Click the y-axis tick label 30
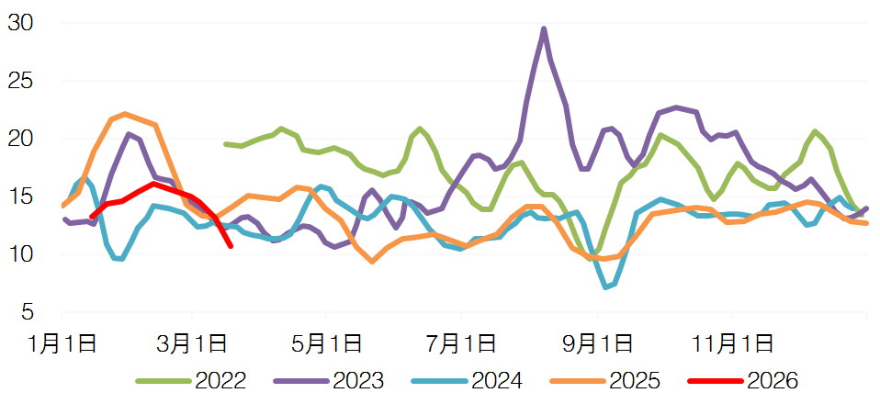point(21,23)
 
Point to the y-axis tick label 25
point(21,81)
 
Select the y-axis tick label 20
point(21,139)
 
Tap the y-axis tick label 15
point(21,196)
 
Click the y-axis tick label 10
point(21,254)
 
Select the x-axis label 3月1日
point(192,345)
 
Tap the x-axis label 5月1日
point(326,345)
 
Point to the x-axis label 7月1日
point(462,345)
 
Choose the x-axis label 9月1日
point(598,345)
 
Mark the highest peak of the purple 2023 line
point(544,29)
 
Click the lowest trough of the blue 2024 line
point(606,287)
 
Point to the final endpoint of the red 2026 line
point(230,245)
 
